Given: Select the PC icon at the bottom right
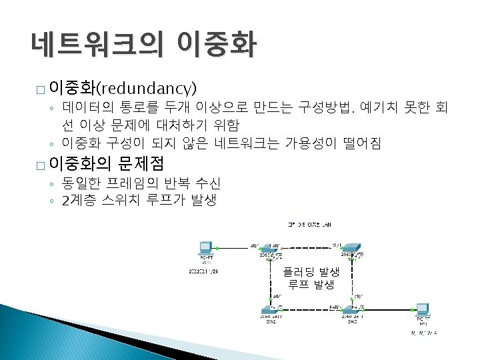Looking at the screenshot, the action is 422,310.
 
